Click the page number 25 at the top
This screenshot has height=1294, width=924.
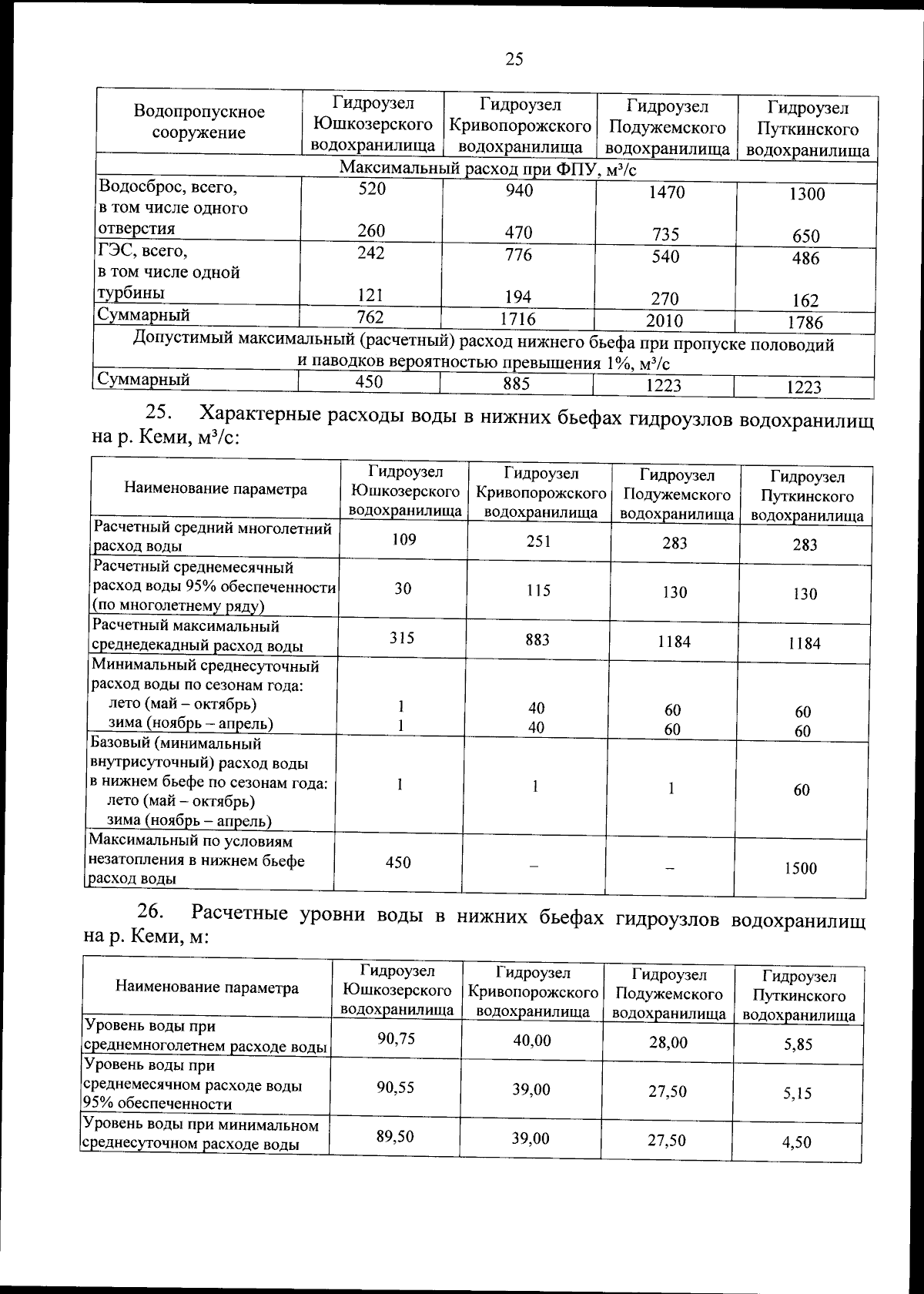[x=514, y=59]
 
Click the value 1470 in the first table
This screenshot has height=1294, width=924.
[x=666, y=193]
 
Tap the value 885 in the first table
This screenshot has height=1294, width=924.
[x=517, y=383]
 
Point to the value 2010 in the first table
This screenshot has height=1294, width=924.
[x=664, y=320]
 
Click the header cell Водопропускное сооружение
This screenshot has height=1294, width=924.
[x=199, y=122]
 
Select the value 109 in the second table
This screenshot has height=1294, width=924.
[x=403, y=539]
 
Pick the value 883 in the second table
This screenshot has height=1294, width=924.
[x=537, y=639]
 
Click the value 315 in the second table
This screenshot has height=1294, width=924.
[x=401, y=637]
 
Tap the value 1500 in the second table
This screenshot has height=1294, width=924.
[x=801, y=868]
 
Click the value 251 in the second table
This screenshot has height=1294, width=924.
[x=538, y=541]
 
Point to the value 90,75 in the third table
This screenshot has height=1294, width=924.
[x=396, y=1038]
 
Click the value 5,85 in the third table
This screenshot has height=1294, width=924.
[x=798, y=1044]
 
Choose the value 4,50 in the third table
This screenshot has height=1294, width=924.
[x=796, y=1141]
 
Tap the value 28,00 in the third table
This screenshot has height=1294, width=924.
[x=668, y=1042]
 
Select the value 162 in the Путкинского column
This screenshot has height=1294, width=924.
[x=806, y=300]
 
